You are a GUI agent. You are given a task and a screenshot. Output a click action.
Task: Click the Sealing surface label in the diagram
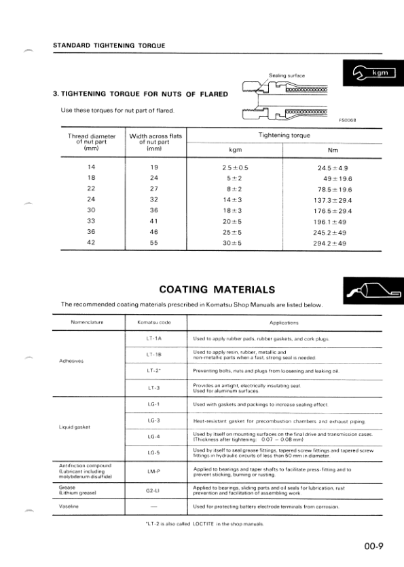click(287, 75)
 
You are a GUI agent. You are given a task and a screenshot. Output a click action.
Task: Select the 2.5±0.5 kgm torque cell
click(236, 168)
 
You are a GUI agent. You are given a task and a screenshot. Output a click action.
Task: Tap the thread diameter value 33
click(92, 221)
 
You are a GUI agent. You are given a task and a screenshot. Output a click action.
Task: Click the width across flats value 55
click(154, 243)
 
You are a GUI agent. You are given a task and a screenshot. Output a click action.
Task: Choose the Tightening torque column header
click(283, 136)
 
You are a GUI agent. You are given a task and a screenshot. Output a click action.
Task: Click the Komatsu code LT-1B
click(153, 354)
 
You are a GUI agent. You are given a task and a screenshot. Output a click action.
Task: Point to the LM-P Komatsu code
click(153, 470)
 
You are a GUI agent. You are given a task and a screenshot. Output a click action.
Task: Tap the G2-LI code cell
click(153, 489)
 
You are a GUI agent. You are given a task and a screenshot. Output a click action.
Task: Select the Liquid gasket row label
click(75, 428)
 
